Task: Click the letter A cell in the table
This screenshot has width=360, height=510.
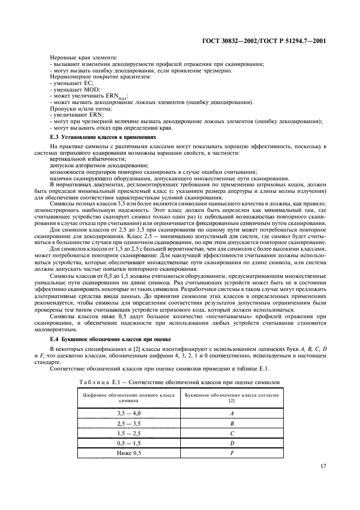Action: tap(233, 414)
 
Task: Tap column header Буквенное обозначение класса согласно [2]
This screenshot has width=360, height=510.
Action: tap(233, 396)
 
